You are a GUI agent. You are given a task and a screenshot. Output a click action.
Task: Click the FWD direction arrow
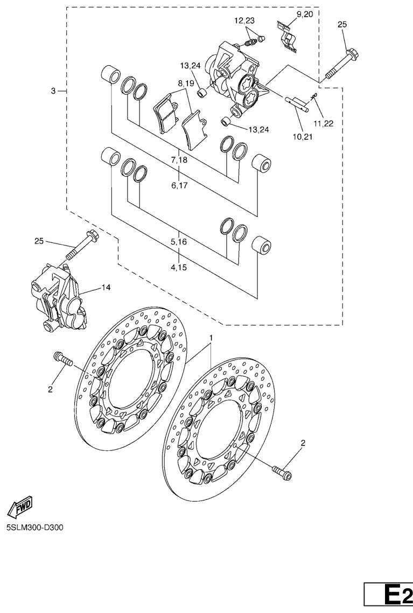point(20,508)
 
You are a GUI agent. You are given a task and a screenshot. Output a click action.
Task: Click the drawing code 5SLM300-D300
point(34,528)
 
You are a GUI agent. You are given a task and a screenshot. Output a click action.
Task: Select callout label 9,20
point(305,15)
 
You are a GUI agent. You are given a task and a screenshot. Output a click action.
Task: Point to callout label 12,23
point(245,21)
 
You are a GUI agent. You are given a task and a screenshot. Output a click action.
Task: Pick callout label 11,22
point(323,123)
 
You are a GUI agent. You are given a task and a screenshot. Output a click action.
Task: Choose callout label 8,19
point(186,83)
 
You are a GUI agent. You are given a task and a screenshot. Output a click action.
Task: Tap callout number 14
point(106,287)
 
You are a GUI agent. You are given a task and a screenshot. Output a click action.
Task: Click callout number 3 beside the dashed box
point(53,92)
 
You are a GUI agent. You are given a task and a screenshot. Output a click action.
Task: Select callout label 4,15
point(179,268)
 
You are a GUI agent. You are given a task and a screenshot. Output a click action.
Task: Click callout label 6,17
point(179,186)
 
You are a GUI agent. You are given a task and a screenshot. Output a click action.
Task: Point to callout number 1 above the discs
point(211,337)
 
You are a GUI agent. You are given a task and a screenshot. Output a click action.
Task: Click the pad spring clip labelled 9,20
point(289,36)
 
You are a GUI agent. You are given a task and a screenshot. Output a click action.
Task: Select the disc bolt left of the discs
point(63,359)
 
